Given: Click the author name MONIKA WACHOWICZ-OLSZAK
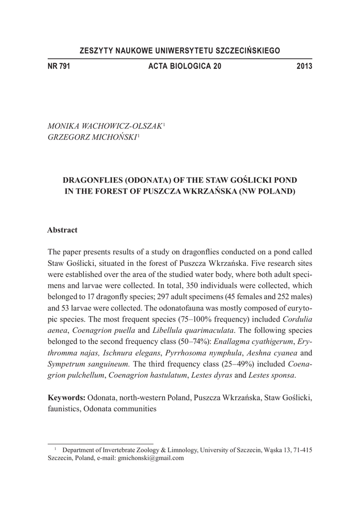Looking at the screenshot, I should pyautogui.click(x=104, y=127).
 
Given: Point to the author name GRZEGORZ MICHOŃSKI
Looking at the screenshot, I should pyautogui.click(x=92, y=137).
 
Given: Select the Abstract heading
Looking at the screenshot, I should pyautogui.click(x=62, y=230).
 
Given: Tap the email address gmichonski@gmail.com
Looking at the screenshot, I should pyautogui.click(x=151, y=458).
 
